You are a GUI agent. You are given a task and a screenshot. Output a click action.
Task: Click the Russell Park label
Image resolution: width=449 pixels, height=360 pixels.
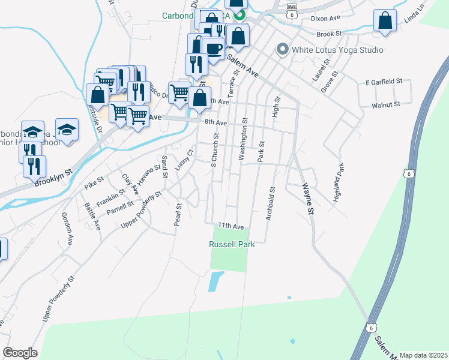click(x=232, y=244)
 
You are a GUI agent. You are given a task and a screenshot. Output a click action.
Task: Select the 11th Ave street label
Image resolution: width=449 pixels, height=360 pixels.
click(x=231, y=226)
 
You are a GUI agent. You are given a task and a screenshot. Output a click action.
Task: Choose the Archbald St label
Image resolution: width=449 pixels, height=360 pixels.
click(x=271, y=205)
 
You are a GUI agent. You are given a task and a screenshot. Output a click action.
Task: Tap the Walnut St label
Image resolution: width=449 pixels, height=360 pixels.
click(x=385, y=105)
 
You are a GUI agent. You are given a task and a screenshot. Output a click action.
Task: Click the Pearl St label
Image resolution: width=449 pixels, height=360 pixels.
click(x=178, y=214)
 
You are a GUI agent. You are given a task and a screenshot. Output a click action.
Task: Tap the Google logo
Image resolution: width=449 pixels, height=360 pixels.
click(x=20, y=353)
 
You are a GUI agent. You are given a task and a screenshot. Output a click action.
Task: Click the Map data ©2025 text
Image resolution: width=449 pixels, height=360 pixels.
click(x=423, y=355)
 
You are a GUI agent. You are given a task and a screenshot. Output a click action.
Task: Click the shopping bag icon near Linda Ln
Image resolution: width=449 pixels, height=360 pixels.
click(x=385, y=20)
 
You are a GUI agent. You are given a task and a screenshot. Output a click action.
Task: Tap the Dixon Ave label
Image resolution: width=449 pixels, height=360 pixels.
click(x=325, y=19)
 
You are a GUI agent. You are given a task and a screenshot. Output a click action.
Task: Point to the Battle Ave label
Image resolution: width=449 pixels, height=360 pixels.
click(x=92, y=216)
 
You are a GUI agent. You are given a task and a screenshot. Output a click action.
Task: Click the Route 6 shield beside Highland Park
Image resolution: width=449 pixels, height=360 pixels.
click(x=408, y=173)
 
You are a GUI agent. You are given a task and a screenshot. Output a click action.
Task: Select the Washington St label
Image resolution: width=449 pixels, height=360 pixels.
click(x=243, y=139)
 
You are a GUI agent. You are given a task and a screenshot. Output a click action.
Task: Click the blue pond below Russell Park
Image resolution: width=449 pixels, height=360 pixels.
click(x=215, y=281)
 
